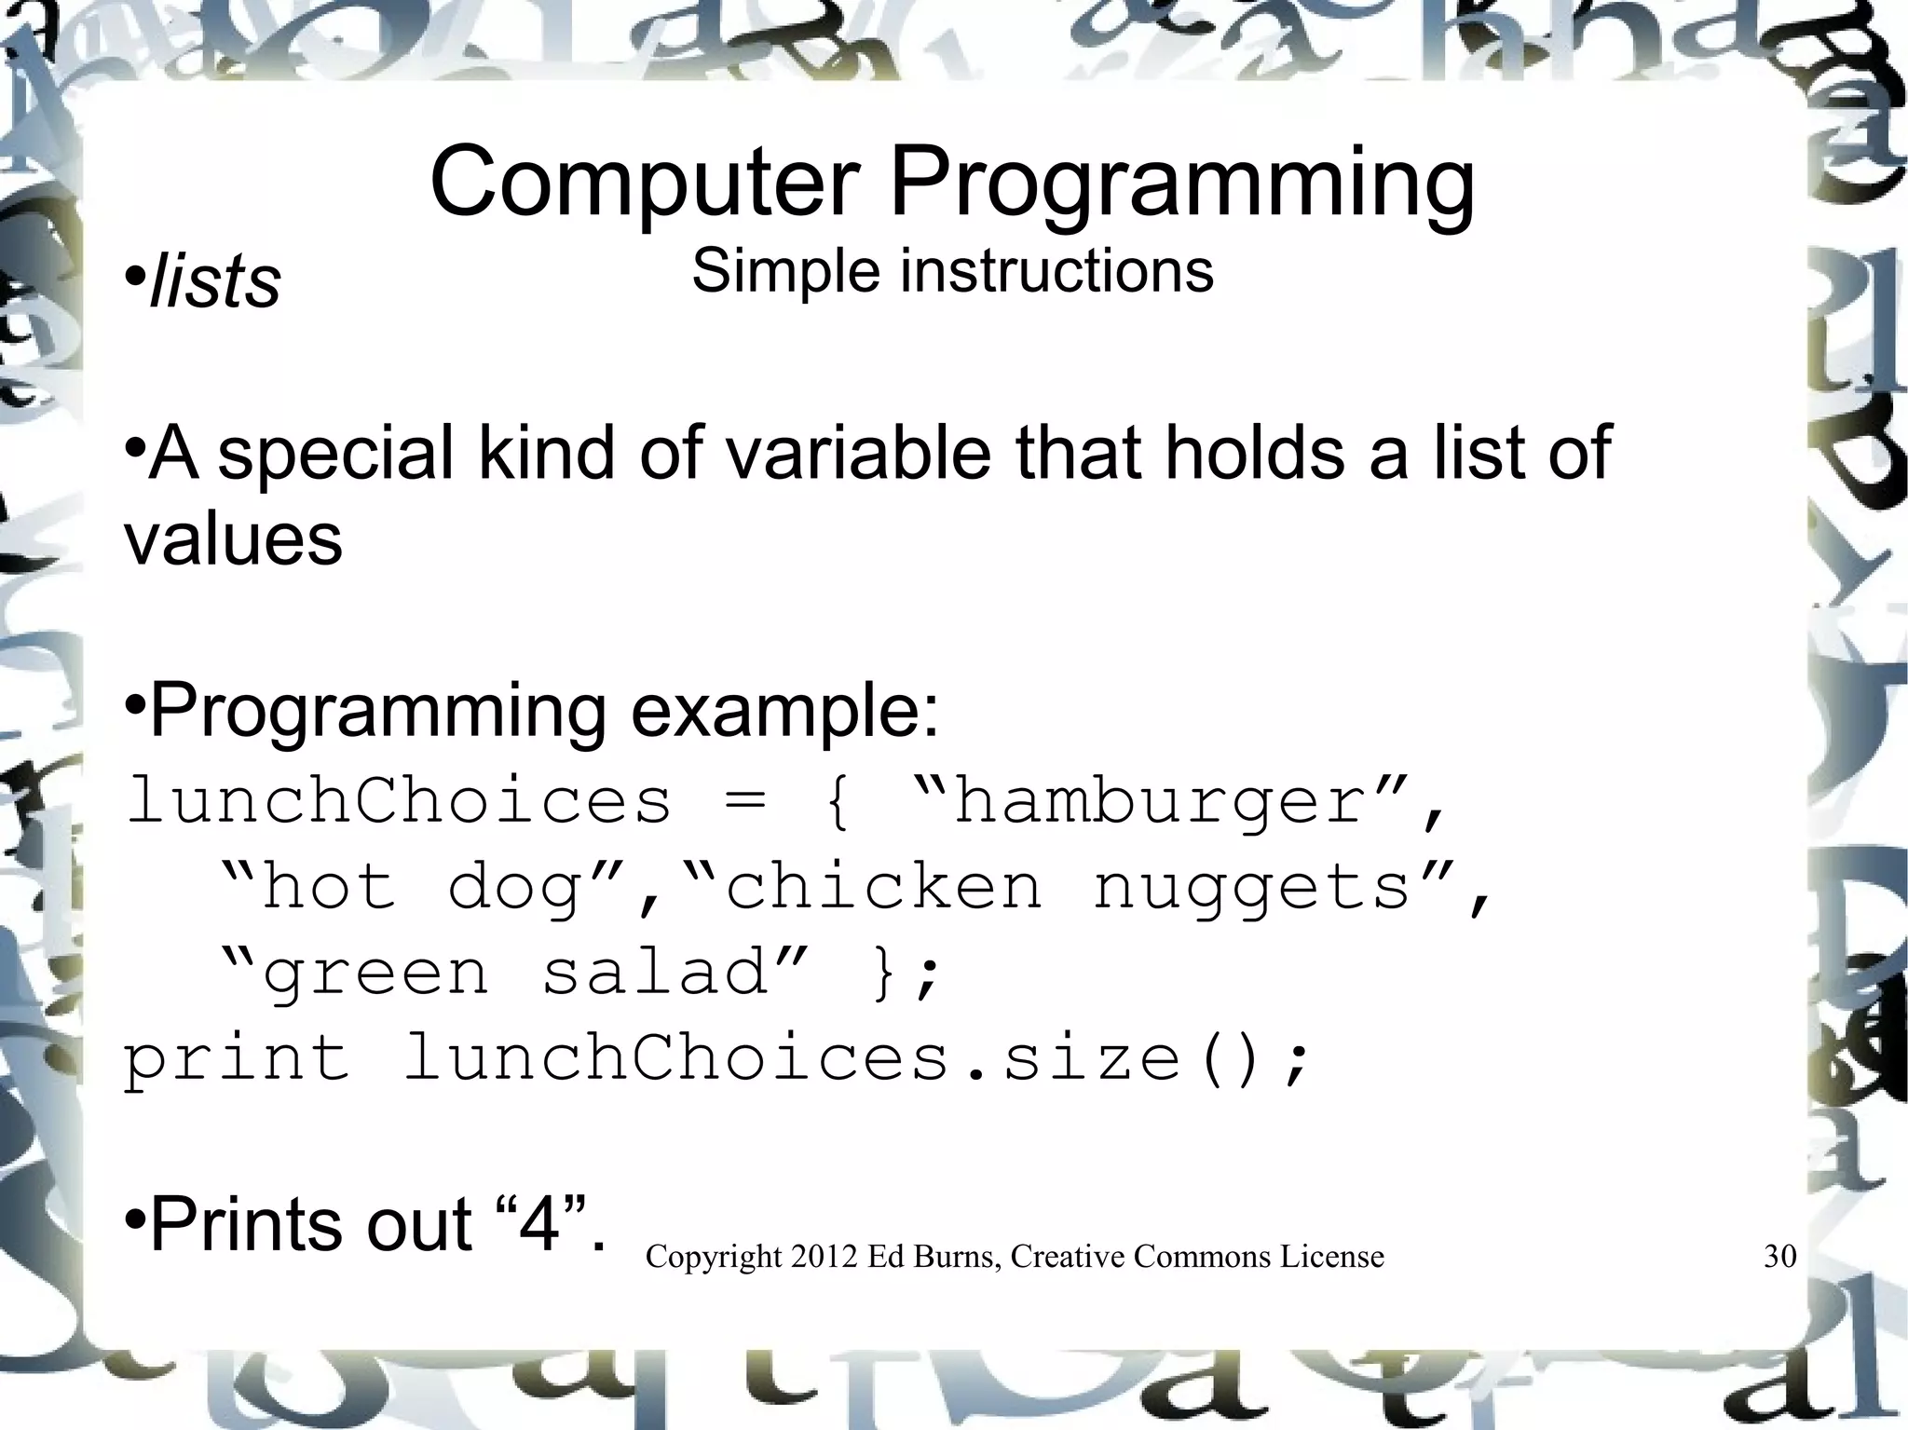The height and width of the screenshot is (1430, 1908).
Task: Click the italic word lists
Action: [215, 281]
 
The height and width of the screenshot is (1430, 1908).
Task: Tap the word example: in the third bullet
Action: [784, 712]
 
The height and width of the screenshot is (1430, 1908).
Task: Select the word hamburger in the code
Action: [1160, 801]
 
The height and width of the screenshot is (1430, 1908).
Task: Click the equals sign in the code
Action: [745, 801]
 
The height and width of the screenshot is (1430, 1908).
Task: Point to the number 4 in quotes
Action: [539, 1224]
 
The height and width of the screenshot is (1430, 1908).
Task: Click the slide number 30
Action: [1779, 1257]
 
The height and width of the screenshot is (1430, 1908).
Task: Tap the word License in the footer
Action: [1331, 1257]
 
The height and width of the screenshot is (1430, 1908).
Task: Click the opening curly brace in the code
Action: [837, 801]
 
